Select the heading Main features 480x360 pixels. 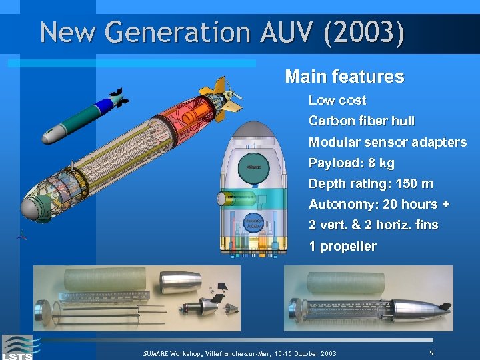coord(344,77)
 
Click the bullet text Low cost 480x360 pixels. coord(337,101)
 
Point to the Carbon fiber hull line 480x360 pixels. coord(361,121)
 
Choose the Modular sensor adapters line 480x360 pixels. coord(387,142)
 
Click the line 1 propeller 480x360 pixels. coord(343,246)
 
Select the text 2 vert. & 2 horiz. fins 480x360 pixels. coord(373,225)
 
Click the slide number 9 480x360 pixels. coord(432,352)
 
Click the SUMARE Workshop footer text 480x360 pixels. coord(240,353)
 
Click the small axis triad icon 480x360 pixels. coord(22,235)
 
